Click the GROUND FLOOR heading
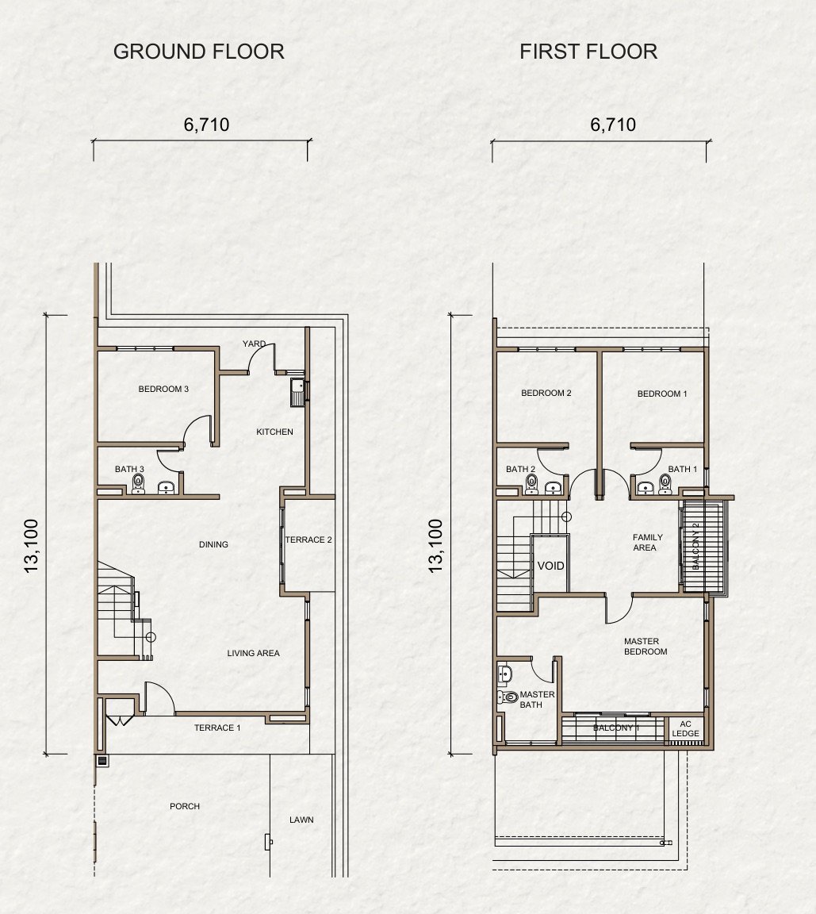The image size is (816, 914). (198, 52)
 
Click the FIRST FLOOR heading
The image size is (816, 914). (588, 52)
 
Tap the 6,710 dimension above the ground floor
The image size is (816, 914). (206, 125)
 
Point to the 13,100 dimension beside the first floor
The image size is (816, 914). (435, 546)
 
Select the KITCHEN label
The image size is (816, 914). (274, 432)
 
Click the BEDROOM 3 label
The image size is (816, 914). (163, 389)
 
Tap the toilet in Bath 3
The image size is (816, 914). (138, 484)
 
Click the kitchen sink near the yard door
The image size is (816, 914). (297, 392)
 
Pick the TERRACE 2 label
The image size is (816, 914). (308, 540)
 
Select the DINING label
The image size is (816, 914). (213, 544)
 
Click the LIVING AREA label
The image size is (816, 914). (253, 654)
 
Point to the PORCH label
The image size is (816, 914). (185, 806)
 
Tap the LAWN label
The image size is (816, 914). (301, 820)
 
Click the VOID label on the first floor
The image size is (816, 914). (550, 566)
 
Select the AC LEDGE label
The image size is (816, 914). (685, 728)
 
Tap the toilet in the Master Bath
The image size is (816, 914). (508, 696)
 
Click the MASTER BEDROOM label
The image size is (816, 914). (646, 647)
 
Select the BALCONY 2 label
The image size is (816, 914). (696, 546)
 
